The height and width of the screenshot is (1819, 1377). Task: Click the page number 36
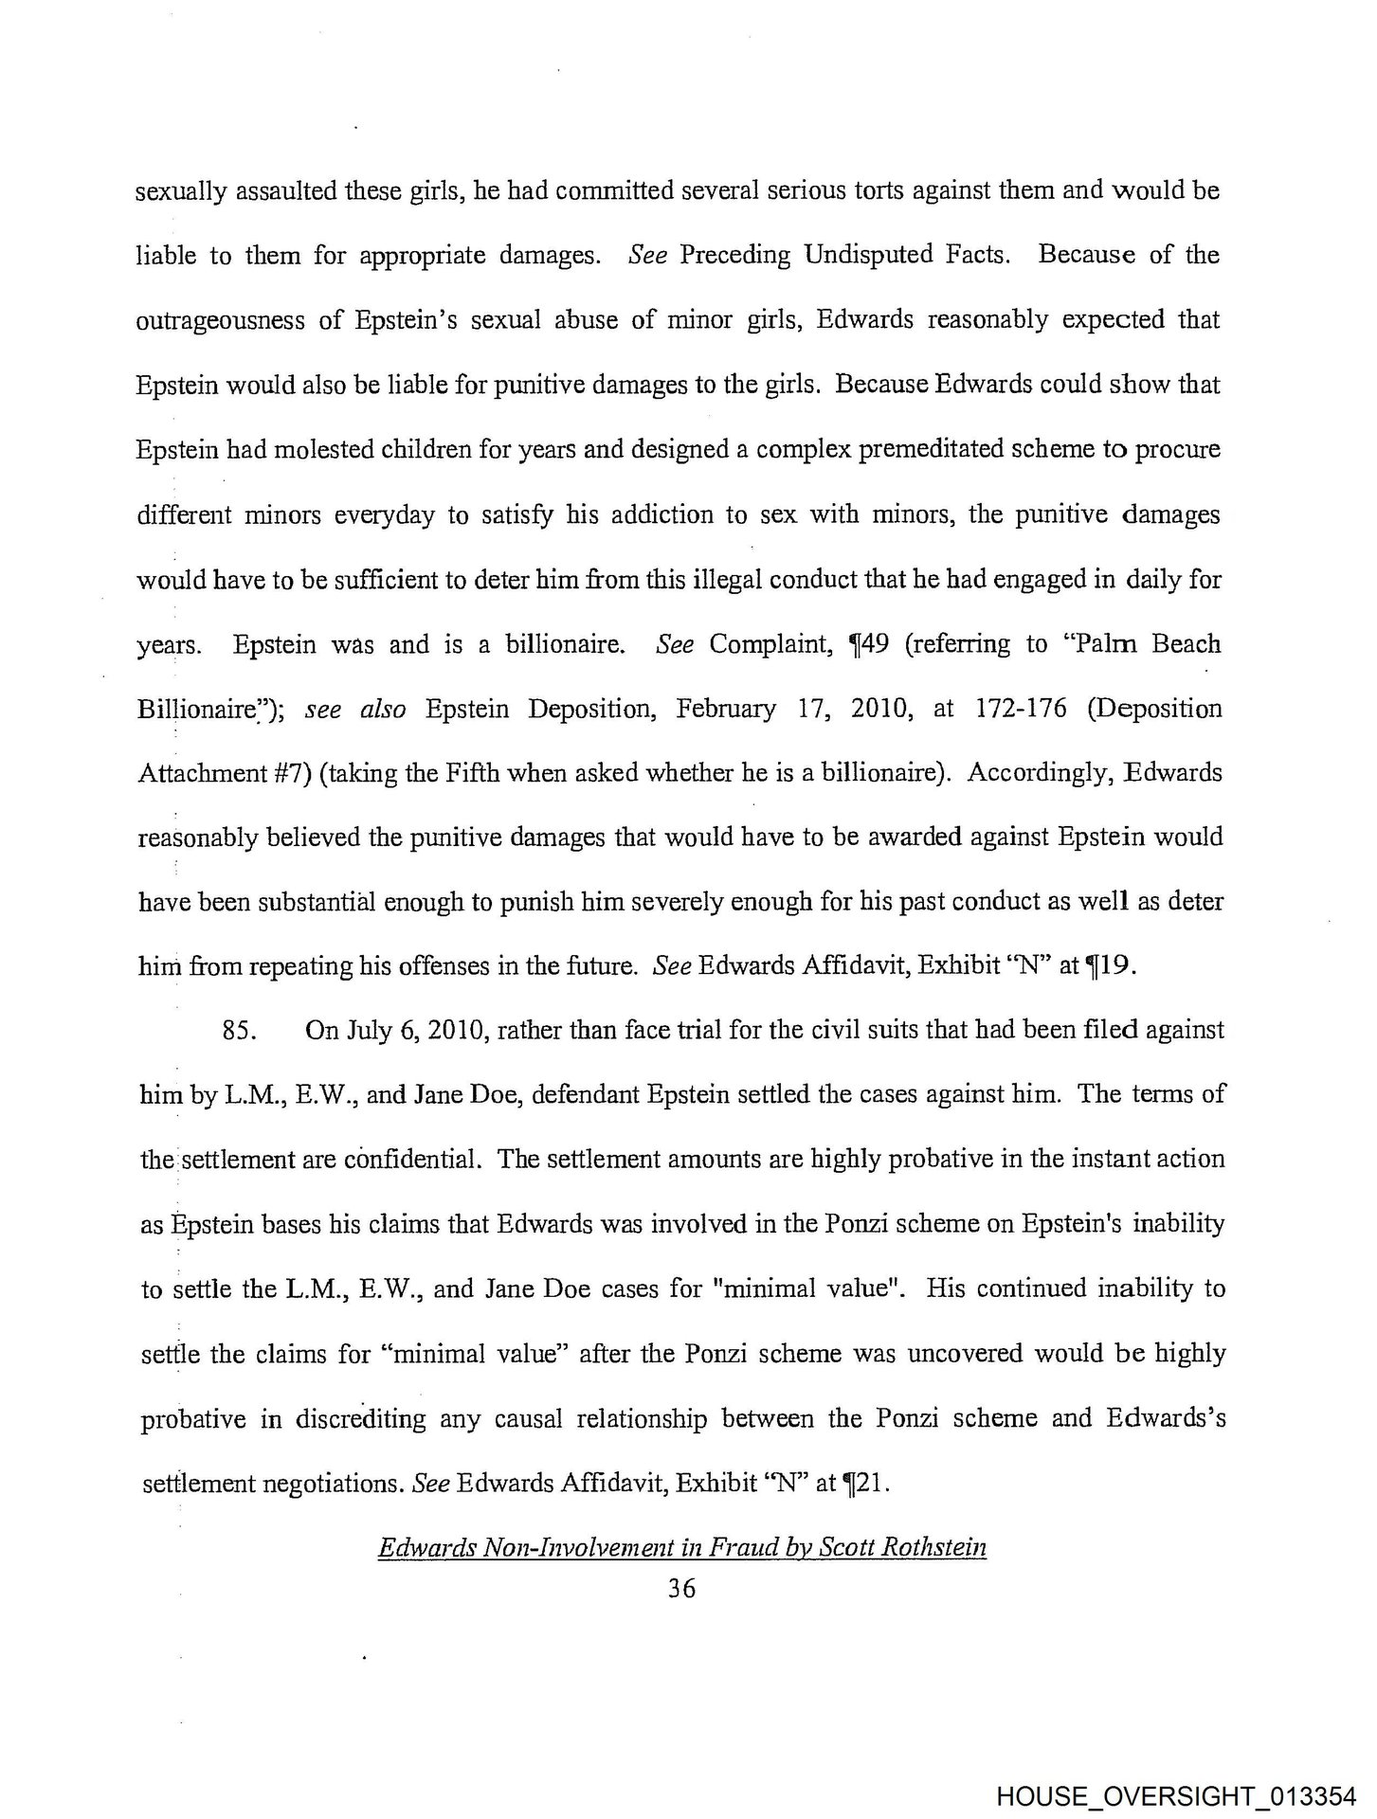tap(681, 1589)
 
